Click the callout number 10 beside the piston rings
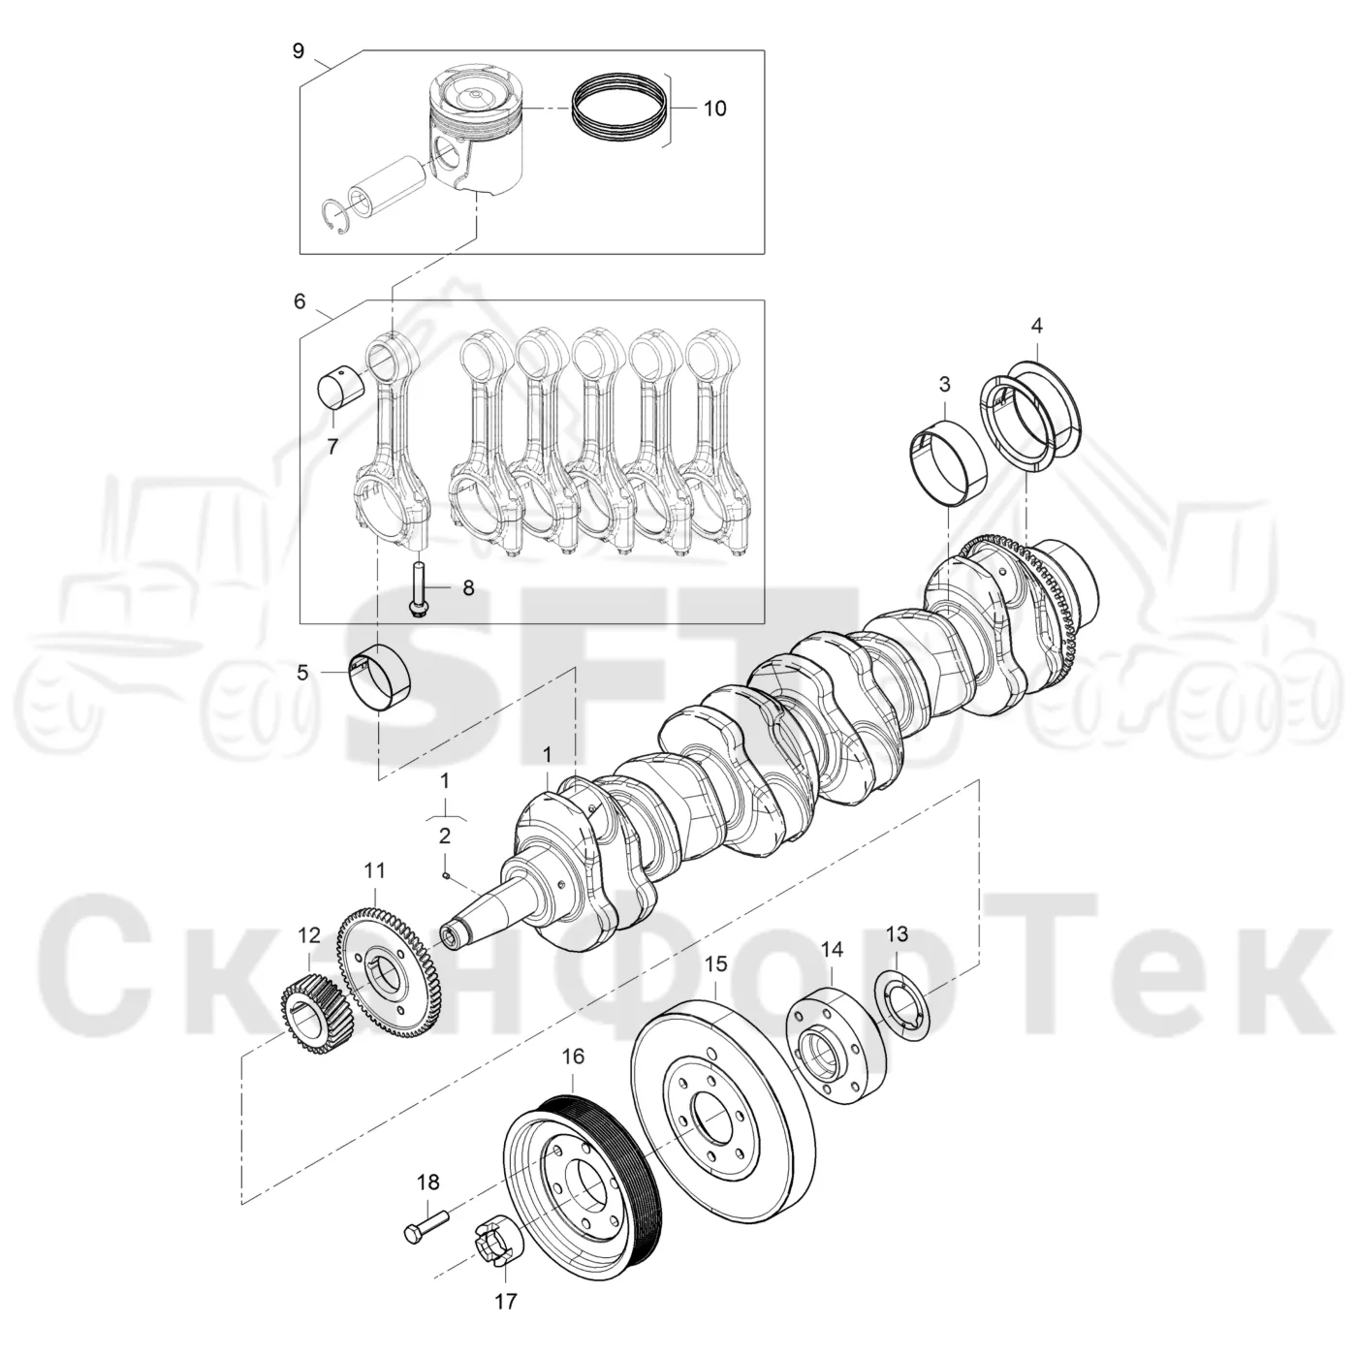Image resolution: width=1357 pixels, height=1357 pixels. point(714,109)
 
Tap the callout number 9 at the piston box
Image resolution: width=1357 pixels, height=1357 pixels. point(299,50)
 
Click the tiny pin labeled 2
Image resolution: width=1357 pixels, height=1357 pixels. point(447,876)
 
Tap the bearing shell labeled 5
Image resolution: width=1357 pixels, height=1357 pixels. point(382,679)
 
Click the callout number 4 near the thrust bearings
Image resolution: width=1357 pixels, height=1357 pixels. point(1036,326)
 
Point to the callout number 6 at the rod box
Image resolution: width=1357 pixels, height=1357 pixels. point(300,301)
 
